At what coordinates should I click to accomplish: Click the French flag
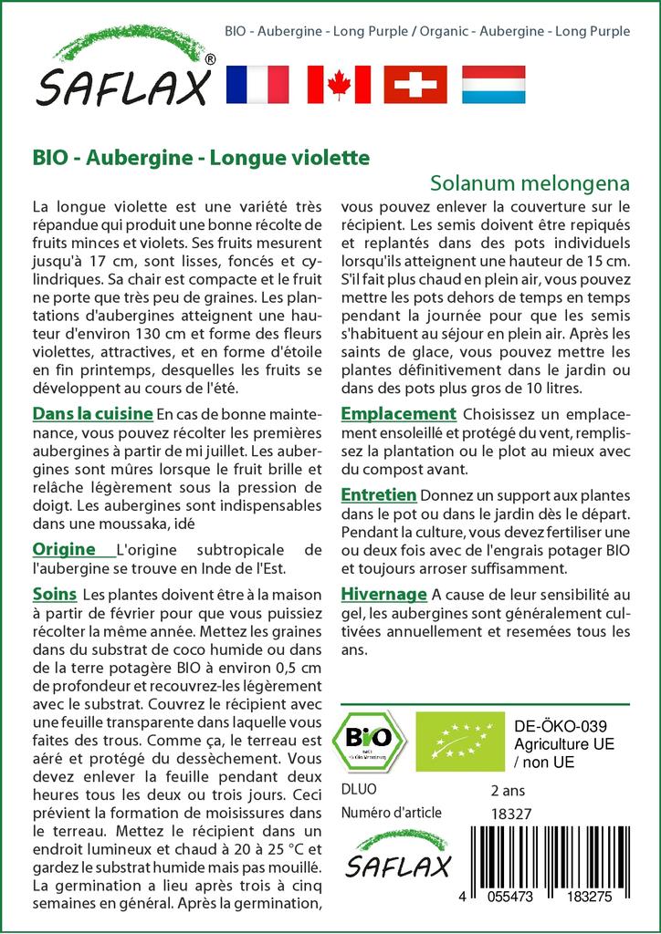pos(257,84)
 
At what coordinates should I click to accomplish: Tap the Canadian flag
pos(339,84)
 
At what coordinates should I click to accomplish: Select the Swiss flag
pos(415,84)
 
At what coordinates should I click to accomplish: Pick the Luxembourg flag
pos(493,84)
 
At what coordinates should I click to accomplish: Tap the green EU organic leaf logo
pos(451,741)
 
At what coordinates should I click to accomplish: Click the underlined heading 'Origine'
pos(65,549)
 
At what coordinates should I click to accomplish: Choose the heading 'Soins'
pos(54,594)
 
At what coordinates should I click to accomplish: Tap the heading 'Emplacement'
pos(398,414)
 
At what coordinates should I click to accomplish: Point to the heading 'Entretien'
pos(379,494)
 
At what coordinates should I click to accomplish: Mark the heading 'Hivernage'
pos(383,594)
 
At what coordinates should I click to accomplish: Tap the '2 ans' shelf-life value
pos(508,790)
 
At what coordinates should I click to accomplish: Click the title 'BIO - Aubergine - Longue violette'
pos(201,157)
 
